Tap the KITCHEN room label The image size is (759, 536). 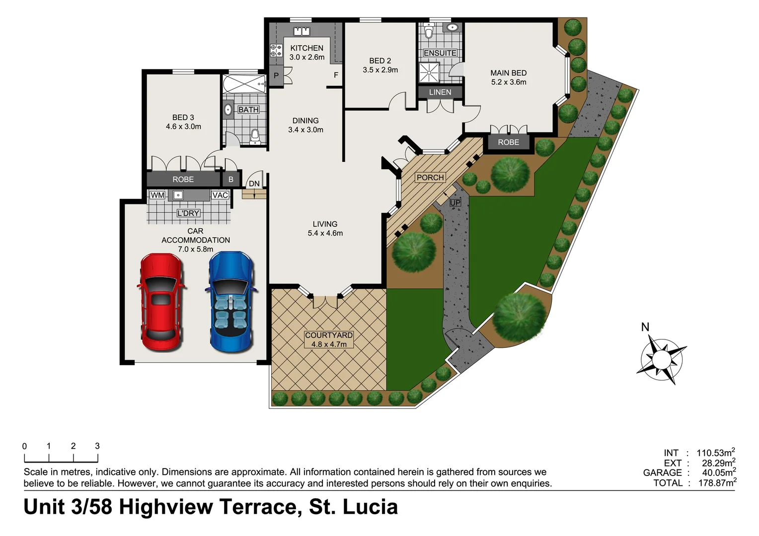[306, 48]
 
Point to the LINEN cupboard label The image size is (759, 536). [440, 92]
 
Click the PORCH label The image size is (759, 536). [430, 178]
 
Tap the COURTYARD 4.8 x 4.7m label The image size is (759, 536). [329, 339]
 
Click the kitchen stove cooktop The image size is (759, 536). [276, 50]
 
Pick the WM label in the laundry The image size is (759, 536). [157, 195]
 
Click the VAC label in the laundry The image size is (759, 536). [220, 195]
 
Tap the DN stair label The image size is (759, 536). [254, 184]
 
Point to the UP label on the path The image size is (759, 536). [455, 203]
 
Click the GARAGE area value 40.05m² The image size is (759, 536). [718, 472]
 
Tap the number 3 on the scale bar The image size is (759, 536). [97, 446]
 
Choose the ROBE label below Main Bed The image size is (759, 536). [508, 142]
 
